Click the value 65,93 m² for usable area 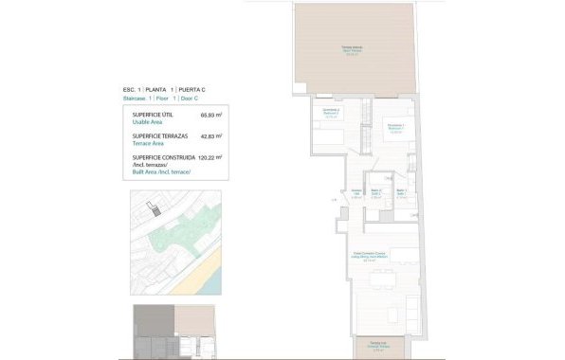point(210,116)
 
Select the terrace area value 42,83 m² point(210,136)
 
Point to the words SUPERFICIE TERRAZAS point(160,136)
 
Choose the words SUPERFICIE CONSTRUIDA point(164,157)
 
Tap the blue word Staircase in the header point(137,98)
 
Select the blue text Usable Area point(148,122)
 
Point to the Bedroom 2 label point(331,115)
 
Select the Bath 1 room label point(402,192)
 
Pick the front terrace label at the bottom point(377,347)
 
